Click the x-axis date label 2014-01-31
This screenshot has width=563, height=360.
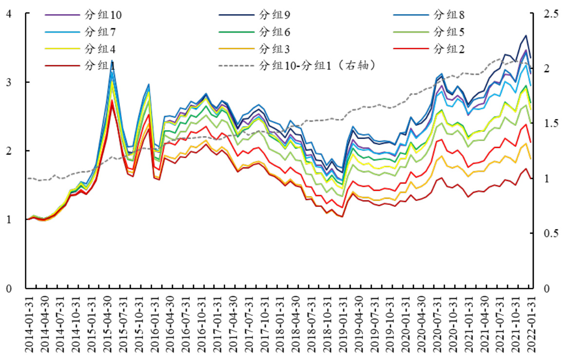pyautogui.click(x=29, y=324)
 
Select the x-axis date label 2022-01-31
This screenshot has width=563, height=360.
pyautogui.click(x=532, y=324)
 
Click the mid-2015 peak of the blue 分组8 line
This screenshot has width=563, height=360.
pyautogui.click(x=112, y=60)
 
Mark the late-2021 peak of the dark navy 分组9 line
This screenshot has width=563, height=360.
pyautogui.click(x=526, y=35)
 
